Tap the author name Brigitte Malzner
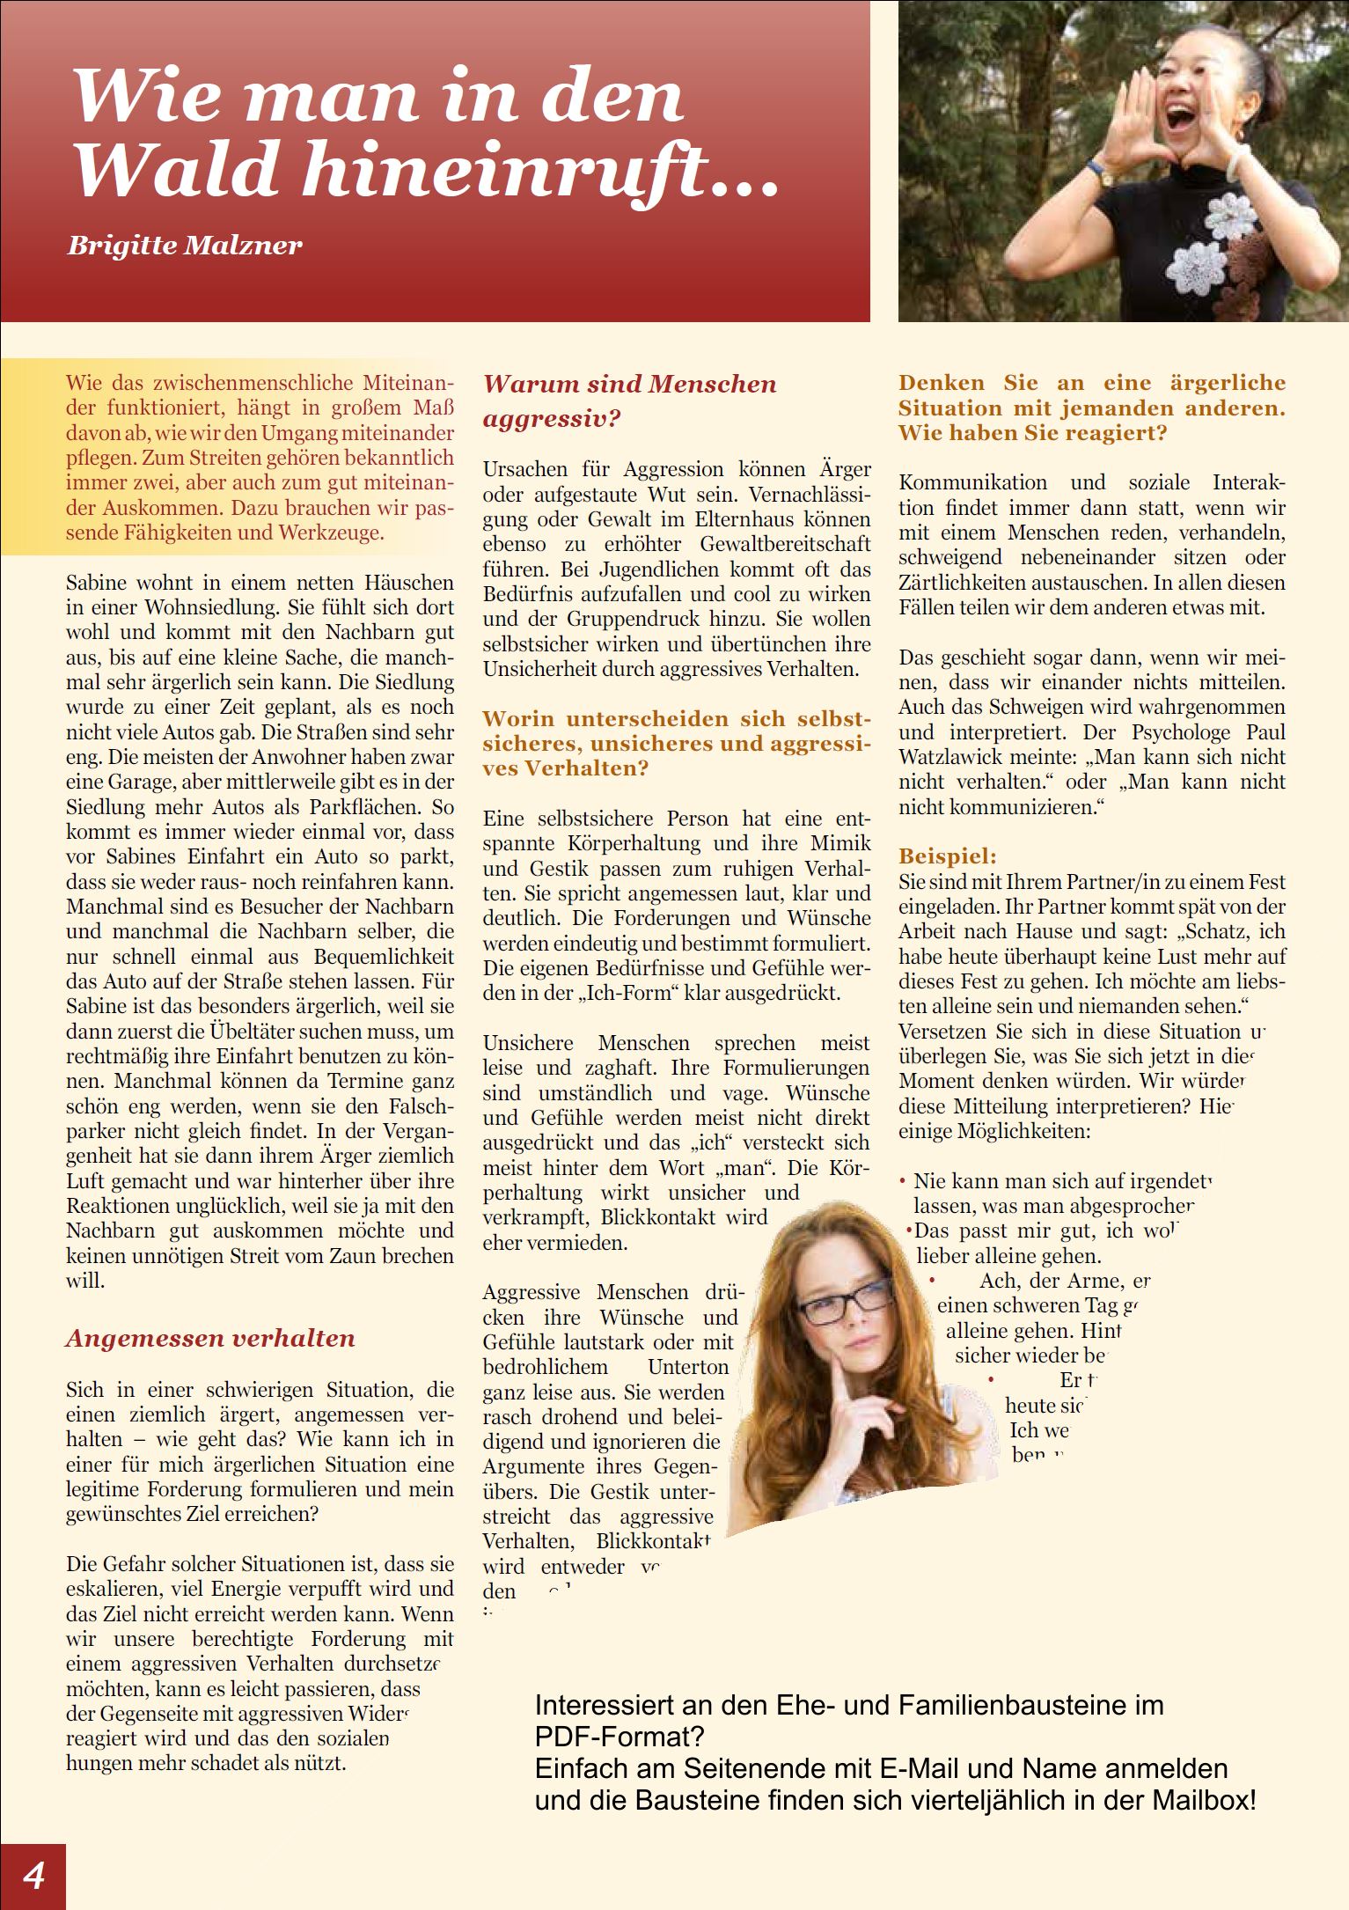[185, 245]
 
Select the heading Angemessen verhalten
[210, 1339]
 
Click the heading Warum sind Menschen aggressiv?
[629, 400]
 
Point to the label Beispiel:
[947, 856]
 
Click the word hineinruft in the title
[506, 169]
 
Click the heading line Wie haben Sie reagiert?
[1032, 433]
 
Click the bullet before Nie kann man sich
[903, 1181]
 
